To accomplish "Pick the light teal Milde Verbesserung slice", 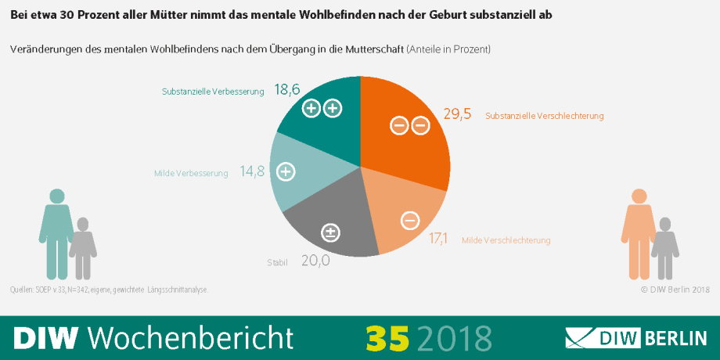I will point(293,176).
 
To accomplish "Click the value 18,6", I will point(287,90).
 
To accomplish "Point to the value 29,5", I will point(457,114).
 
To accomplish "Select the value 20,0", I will point(315,261).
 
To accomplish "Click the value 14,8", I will point(253,172).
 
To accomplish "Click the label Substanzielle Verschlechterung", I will point(545,117).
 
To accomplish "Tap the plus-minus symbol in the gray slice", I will point(331,232).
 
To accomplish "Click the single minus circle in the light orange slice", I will point(409,221).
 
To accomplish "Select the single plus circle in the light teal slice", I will point(286,171).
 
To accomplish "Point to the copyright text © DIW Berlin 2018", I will point(674,290).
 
